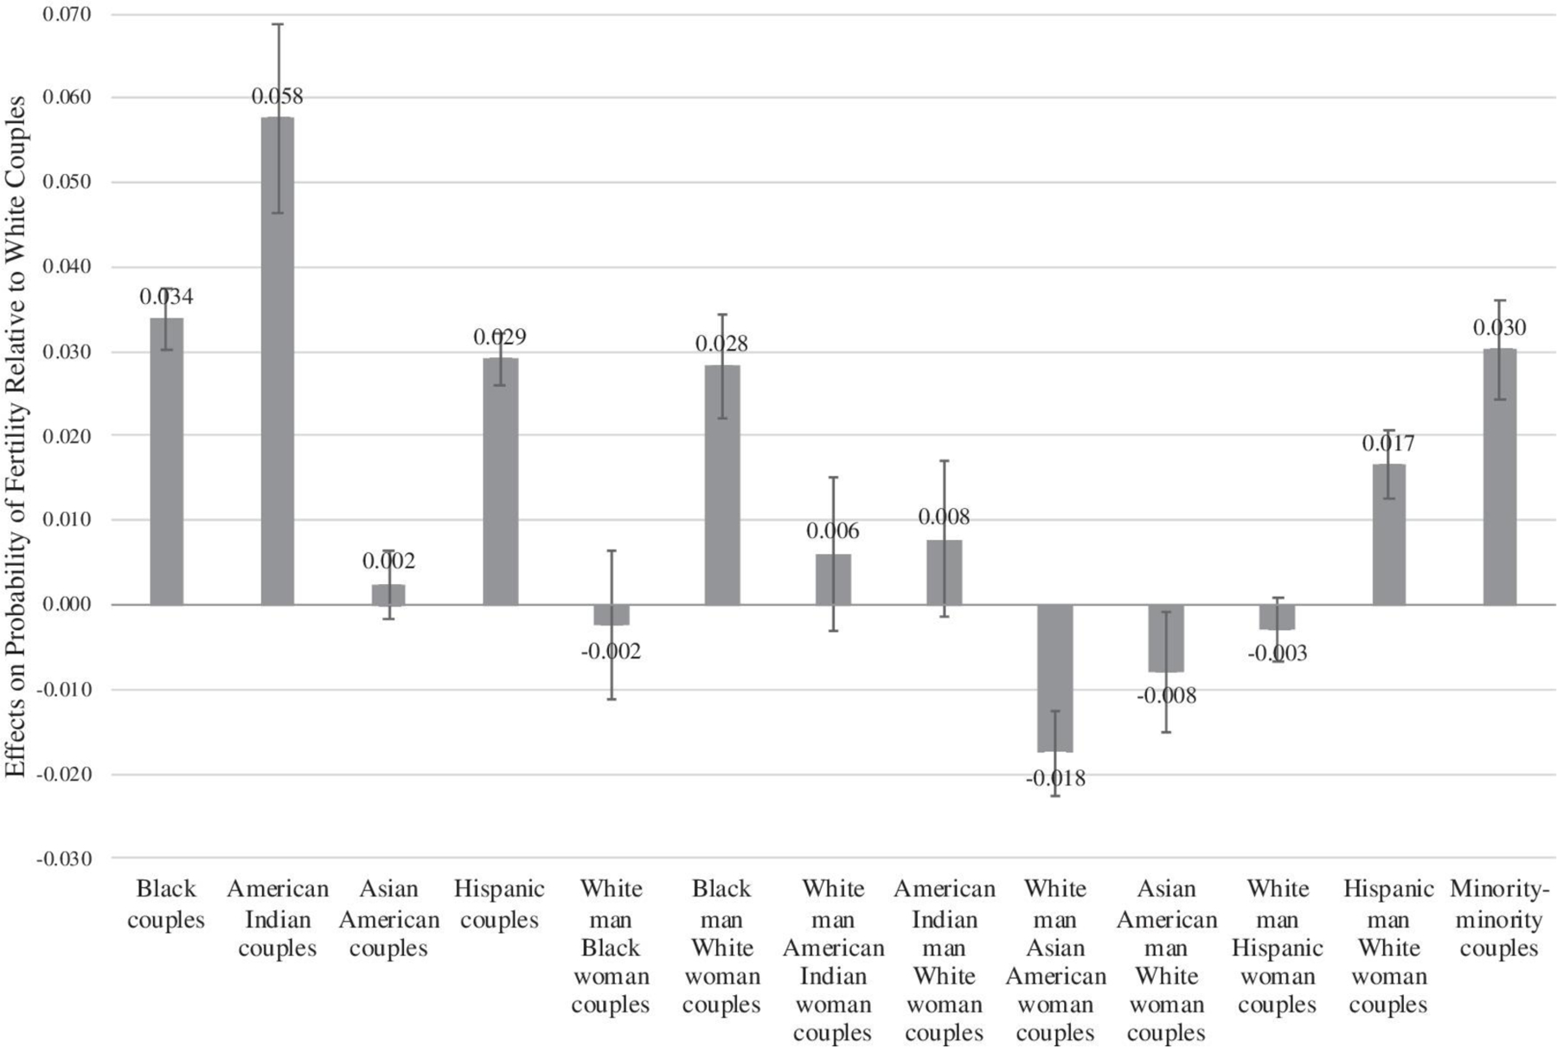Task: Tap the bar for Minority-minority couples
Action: tap(1499, 476)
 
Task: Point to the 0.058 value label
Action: tap(278, 96)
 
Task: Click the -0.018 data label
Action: tap(1055, 779)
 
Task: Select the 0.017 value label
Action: tap(1388, 443)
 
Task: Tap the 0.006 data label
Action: tap(833, 530)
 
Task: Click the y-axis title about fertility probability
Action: tap(16, 436)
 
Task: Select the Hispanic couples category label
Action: tap(500, 903)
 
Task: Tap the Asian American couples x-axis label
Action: tap(388, 918)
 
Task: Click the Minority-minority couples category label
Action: tap(1499, 918)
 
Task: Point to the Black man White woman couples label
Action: tap(721, 947)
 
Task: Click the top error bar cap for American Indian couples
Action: tap(278, 23)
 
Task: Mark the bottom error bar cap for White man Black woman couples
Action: tap(611, 698)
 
